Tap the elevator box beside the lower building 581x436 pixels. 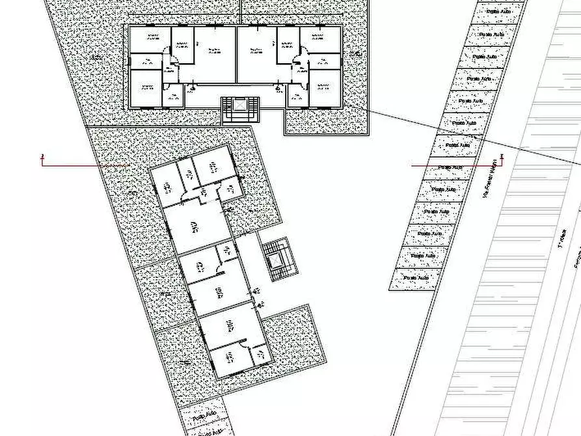[275, 260]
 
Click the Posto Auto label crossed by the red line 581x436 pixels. [450, 167]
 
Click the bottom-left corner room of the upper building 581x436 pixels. [146, 88]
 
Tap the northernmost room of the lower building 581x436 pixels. [211, 165]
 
